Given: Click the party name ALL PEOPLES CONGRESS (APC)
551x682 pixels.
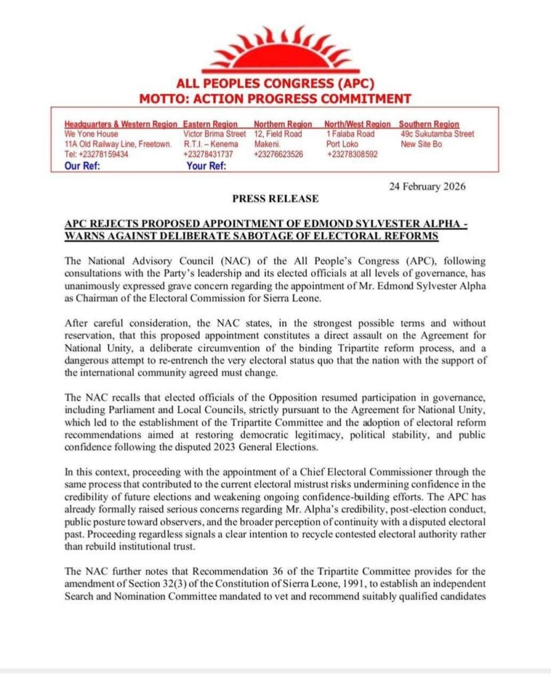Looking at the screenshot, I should click(275, 85).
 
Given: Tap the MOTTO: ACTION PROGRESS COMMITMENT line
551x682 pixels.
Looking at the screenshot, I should click(275, 99).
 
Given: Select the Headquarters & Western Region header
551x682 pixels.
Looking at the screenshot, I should click(121, 124).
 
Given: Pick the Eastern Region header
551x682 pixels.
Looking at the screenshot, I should click(210, 124).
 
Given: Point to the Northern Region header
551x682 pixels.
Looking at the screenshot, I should click(282, 124).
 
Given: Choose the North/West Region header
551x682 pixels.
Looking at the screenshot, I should click(357, 124).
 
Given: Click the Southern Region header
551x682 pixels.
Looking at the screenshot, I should click(428, 124).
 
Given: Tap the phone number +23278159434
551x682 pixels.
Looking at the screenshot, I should click(96, 154).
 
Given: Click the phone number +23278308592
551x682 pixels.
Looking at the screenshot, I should click(352, 154).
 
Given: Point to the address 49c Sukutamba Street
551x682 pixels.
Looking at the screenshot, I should click(437, 134).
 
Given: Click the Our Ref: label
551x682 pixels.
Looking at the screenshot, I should click(82, 165).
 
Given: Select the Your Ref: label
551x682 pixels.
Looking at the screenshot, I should click(207, 165).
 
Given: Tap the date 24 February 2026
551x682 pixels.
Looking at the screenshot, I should click(427, 186).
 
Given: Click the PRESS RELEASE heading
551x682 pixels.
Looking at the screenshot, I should click(275, 198).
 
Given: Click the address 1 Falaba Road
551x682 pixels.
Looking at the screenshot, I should click(350, 134).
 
